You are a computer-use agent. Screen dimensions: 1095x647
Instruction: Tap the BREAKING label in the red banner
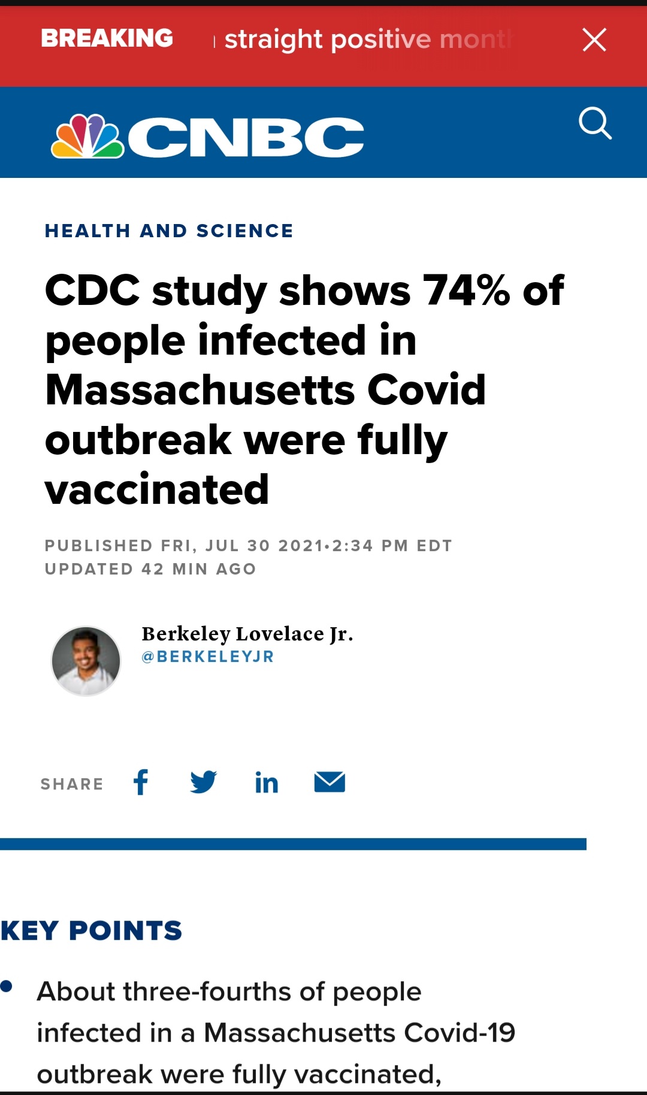(x=107, y=38)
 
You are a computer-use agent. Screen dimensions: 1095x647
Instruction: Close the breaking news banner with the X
(x=594, y=40)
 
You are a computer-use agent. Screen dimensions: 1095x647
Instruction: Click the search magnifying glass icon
(x=595, y=123)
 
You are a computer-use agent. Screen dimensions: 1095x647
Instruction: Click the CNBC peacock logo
(x=88, y=137)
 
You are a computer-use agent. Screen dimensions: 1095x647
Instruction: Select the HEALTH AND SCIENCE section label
(x=169, y=231)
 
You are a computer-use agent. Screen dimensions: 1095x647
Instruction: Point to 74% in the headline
(x=466, y=291)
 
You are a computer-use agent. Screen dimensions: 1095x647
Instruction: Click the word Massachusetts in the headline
(x=200, y=390)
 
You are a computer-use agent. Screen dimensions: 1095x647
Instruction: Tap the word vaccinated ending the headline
(x=157, y=489)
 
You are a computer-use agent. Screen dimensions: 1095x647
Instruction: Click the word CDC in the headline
(x=92, y=291)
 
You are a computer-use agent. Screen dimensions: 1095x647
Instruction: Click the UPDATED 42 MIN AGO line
(x=150, y=569)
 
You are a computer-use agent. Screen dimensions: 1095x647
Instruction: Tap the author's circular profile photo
(x=86, y=661)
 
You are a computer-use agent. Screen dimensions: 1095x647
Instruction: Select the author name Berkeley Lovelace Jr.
(x=247, y=634)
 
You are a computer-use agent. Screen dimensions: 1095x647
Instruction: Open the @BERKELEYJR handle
(x=207, y=657)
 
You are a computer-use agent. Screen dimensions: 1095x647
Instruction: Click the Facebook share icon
(x=141, y=782)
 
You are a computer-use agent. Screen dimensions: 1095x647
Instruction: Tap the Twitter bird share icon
(x=204, y=782)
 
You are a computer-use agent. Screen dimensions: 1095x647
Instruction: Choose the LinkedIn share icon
(x=267, y=782)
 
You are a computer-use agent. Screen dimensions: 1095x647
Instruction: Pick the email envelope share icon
(x=329, y=782)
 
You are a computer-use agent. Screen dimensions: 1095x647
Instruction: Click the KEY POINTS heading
(x=91, y=931)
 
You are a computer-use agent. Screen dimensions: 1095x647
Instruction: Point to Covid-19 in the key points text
(x=459, y=1033)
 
